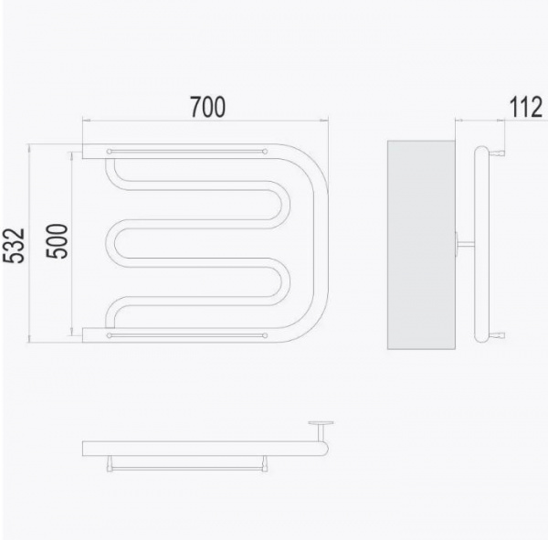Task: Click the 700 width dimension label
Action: tap(207, 107)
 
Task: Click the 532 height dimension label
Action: tap(15, 246)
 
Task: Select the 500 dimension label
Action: tap(57, 241)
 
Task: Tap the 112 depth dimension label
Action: tap(526, 107)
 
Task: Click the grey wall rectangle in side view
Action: tap(421, 245)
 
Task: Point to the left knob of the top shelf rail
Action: tap(109, 152)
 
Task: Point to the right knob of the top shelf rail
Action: tap(265, 152)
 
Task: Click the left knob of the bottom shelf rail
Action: tap(109, 335)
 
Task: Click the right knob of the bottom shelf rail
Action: tap(265, 335)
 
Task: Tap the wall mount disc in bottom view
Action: tap(321, 423)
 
